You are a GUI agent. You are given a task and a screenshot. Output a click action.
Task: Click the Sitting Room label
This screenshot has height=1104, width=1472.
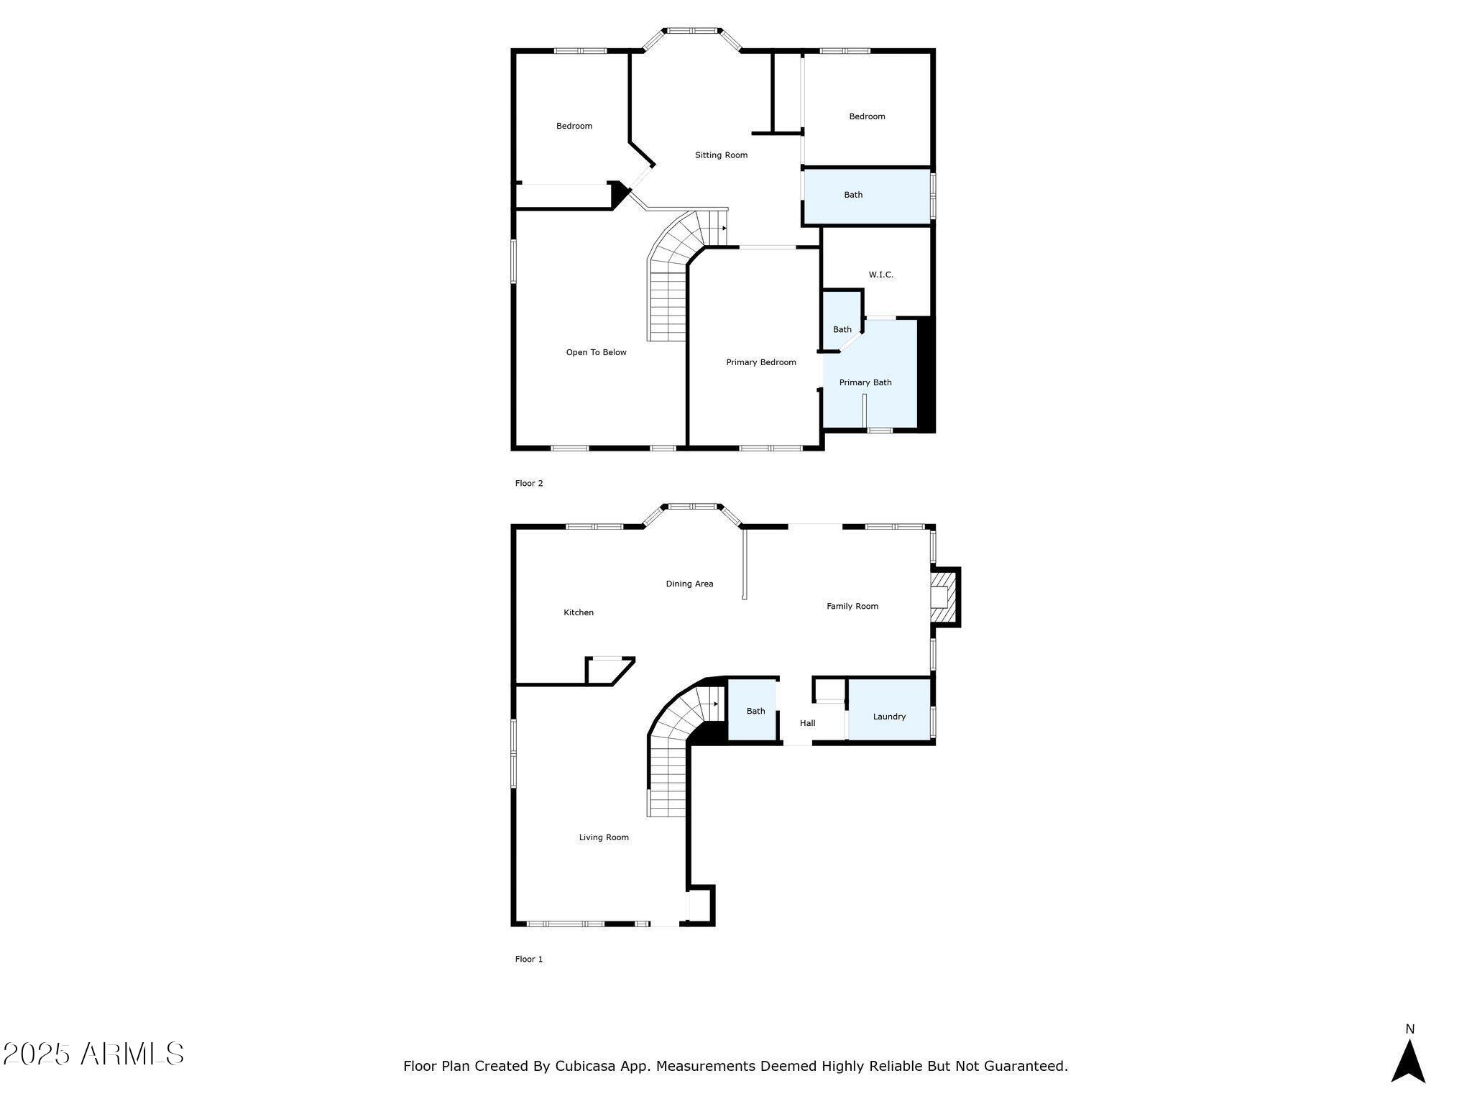pyautogui.click(x=721, y=155)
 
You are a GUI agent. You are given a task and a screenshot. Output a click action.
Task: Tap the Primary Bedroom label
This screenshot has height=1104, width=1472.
pyautogui.click(x=760, y=362)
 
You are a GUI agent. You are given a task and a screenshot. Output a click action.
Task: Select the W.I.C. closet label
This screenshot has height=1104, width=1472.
pyautogui.click(x=880, y=275)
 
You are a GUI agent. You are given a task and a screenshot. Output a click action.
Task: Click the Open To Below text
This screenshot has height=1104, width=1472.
pyautogui.click(x=596, y=352)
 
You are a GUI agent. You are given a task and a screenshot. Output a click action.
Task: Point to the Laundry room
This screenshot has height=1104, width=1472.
pyautogui.click(x=889, y=717)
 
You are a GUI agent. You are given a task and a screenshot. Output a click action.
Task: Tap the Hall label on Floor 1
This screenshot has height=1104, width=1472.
pyautogui.click(x=807, y=723)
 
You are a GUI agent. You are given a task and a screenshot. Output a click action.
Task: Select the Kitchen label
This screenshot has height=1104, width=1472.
pyautogui.click(x=578, y=612)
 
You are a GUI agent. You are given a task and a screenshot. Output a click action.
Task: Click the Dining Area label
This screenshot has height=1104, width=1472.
pyautogui.click(x=689, y=584)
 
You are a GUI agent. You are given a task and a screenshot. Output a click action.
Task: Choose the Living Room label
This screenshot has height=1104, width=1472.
pyautogui.click(x=604, y=837)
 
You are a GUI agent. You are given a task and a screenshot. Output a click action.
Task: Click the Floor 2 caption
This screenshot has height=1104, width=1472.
pyautogui.click(x=529, y=483)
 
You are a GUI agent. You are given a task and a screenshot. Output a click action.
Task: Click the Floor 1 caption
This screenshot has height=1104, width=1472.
pyautogui.click(x=529, y=959)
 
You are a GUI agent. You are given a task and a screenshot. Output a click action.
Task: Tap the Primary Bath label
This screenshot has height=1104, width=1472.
pyautogui.click(x=865, y=382)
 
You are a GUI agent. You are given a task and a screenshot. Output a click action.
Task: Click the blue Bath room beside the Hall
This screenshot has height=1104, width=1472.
pyautogui.click(x=755, y=711)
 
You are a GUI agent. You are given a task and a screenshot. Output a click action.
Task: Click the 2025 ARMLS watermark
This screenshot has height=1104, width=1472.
pyautogui.click(x=93, y=1054)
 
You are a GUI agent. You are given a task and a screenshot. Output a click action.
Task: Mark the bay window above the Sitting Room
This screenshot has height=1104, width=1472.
pyautogui.click(x=691, y=32)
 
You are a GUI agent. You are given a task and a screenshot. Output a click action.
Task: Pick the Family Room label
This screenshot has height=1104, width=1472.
pyautogui.click(x=852, y=606)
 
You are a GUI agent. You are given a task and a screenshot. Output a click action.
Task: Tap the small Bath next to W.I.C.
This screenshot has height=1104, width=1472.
pyautogui.click(x=842, y=329)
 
